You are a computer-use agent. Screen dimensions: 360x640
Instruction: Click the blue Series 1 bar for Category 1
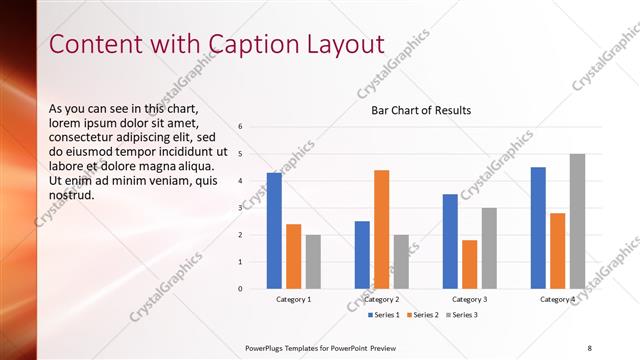pos(274,230)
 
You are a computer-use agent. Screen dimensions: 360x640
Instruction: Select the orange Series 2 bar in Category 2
pos(382,229)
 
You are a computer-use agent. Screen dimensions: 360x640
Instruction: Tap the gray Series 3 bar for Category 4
pos(577,221)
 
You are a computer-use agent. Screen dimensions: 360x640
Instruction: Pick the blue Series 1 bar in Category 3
pos(450,241)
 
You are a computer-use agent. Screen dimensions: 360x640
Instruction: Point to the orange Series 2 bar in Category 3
pos(470,264)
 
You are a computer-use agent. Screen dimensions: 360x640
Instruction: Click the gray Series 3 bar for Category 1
pos(313,261)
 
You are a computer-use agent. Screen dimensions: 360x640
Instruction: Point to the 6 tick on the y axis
pos(240,127)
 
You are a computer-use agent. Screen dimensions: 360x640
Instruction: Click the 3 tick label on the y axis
pos(240,208)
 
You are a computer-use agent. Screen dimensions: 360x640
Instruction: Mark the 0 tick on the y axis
pos(240,289)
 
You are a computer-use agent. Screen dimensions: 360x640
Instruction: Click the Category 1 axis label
pos(294,299)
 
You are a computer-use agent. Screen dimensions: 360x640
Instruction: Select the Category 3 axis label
pos(470,299)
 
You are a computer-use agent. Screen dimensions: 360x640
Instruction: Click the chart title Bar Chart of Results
pos(421,110)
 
